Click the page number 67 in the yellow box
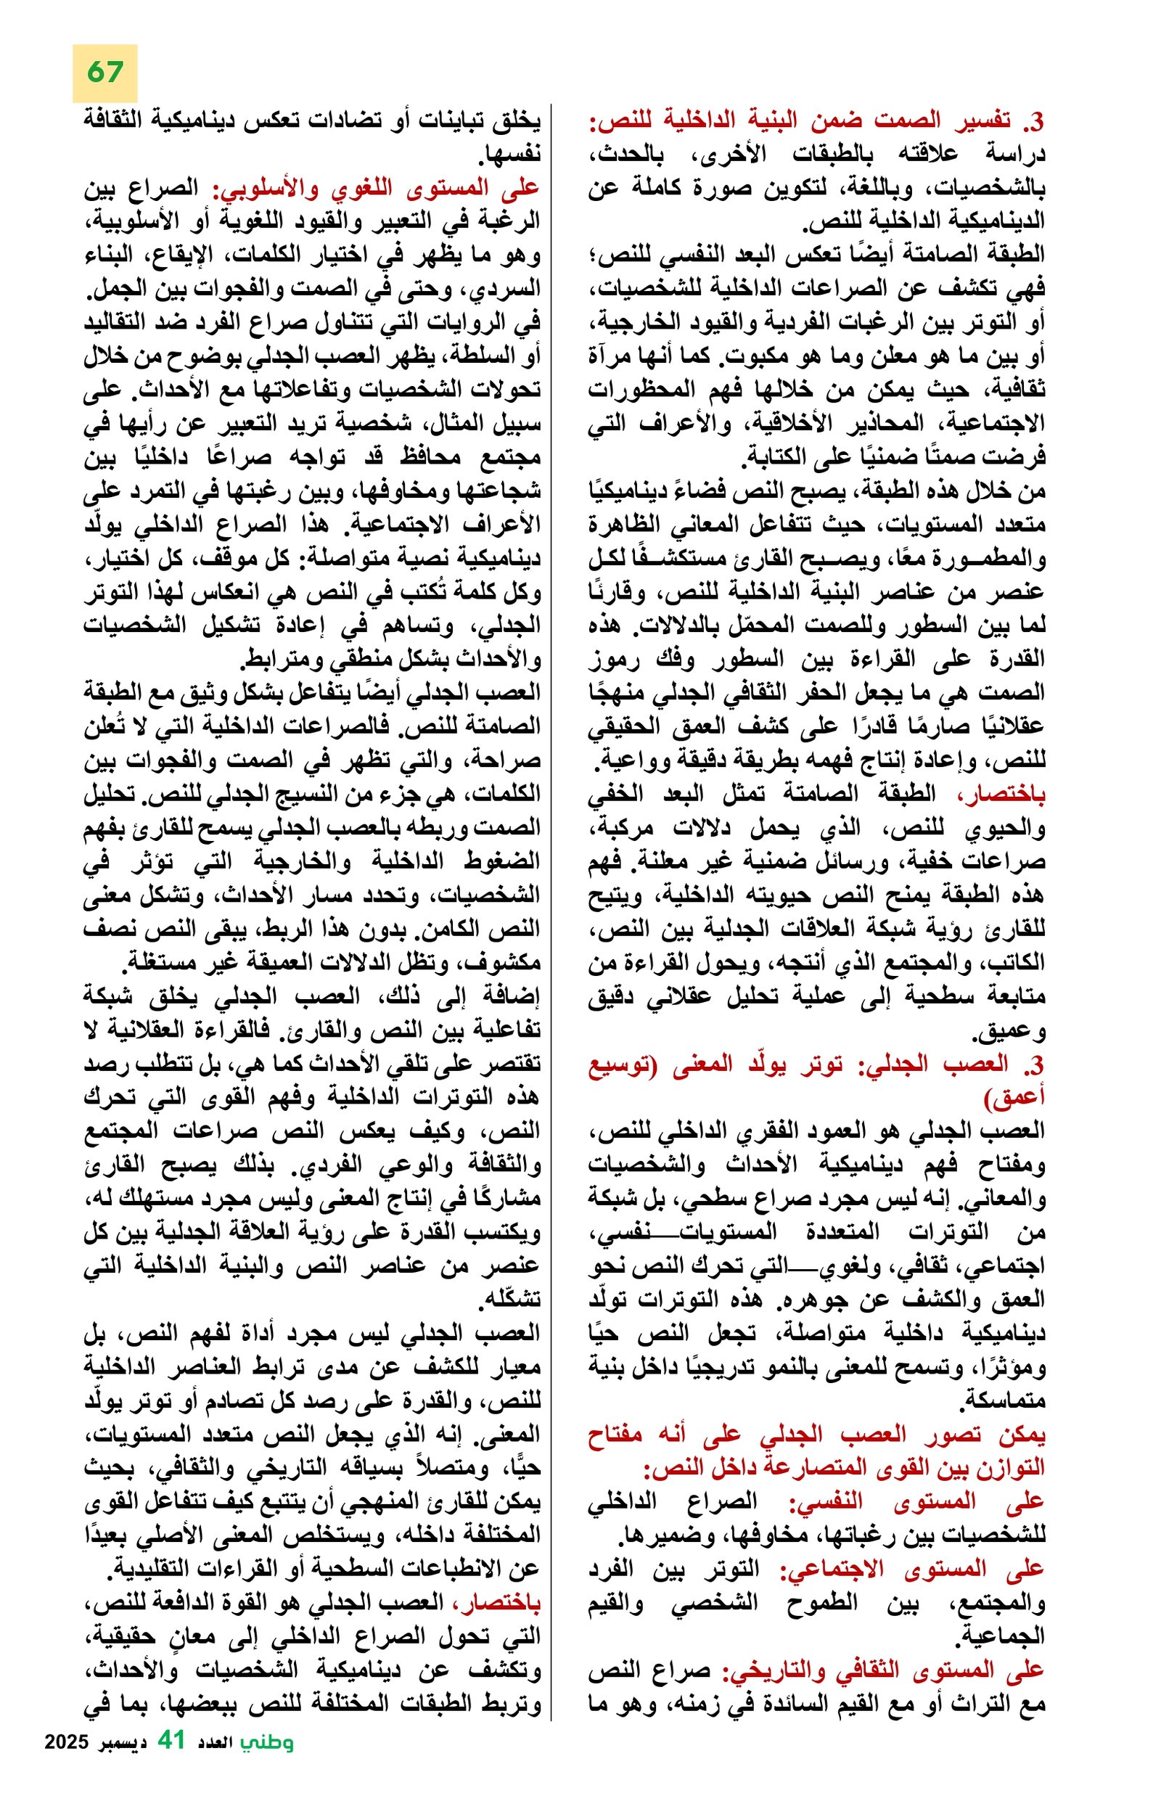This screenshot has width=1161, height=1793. [104, 73]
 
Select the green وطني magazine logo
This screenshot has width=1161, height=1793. [267, 1760]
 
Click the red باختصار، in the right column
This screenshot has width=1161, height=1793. [1001, 793]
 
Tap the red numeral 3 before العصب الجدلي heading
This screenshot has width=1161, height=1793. [1037, 1064]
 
